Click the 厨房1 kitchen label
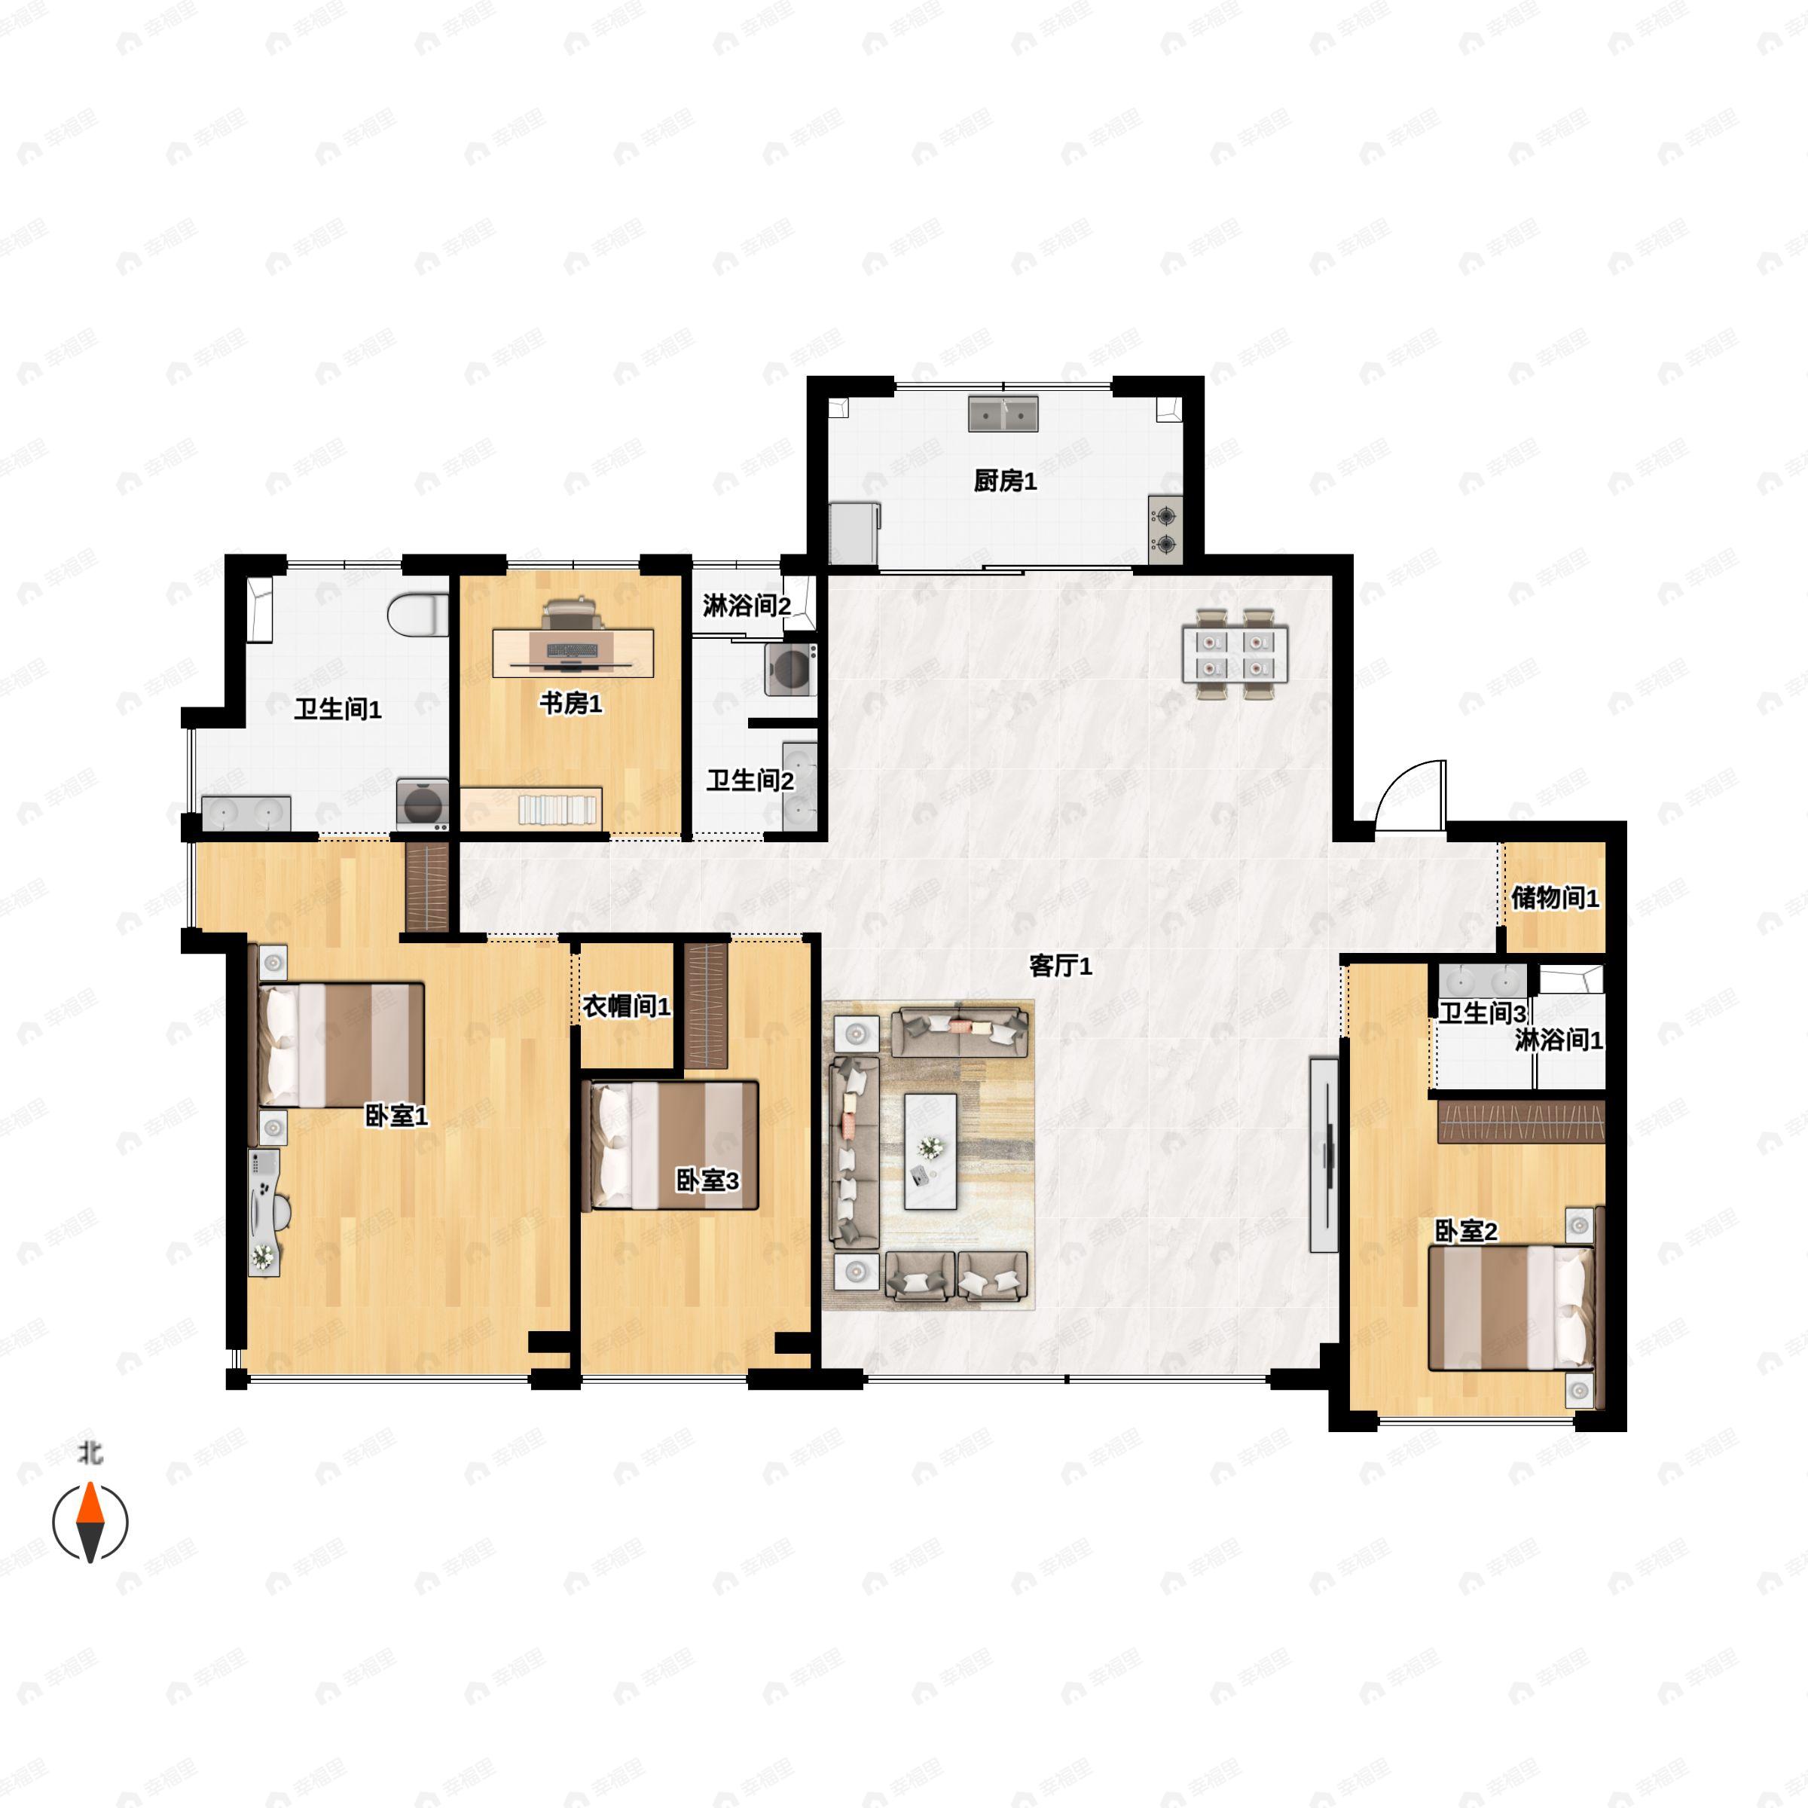1005,481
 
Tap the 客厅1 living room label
1060,966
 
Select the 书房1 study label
571,703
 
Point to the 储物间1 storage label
1556,897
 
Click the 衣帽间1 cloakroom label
627,1006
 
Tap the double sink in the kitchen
1004,413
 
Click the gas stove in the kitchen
1166,530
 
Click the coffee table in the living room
930,1151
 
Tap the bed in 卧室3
669,1145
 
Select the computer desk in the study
573,652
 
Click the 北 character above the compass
90,1452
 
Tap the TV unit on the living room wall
1324,1155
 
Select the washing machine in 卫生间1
422,804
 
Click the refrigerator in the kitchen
854,533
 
